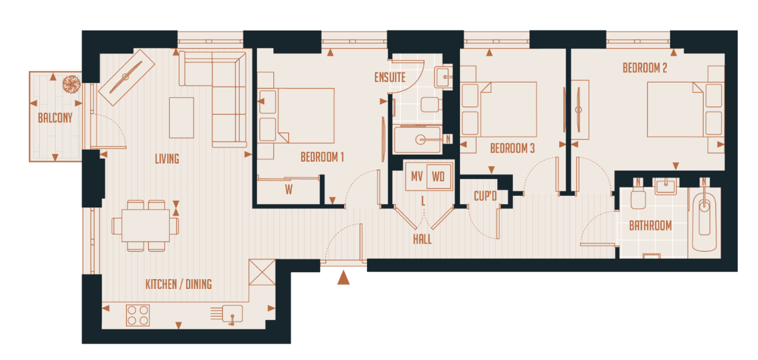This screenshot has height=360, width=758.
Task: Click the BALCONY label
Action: coord(55,118)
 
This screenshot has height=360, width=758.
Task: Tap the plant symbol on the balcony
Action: coord(71,84)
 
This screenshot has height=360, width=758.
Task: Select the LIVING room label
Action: coord(167,158)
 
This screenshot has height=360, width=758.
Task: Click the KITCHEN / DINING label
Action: coord(178,284)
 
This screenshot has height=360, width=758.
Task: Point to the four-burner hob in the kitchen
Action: coord(138,316)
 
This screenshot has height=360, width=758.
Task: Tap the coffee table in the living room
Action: coord(181,117)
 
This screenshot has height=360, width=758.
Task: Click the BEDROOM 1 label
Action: coord(322,157)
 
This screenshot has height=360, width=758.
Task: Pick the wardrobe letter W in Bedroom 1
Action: coord(288,190)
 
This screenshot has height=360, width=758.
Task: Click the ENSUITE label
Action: coord(390,77)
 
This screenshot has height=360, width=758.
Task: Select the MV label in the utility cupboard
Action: coord(417,176)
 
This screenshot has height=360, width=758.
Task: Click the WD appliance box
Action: coord(439,176)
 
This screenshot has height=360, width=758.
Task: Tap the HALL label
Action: coord(422,239)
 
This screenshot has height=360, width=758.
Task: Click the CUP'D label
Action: coord(485,196)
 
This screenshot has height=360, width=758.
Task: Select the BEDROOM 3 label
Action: coord(512,149)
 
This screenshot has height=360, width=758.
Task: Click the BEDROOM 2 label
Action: coord(645,68)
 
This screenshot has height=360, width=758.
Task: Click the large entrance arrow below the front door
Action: coord(343,278)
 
